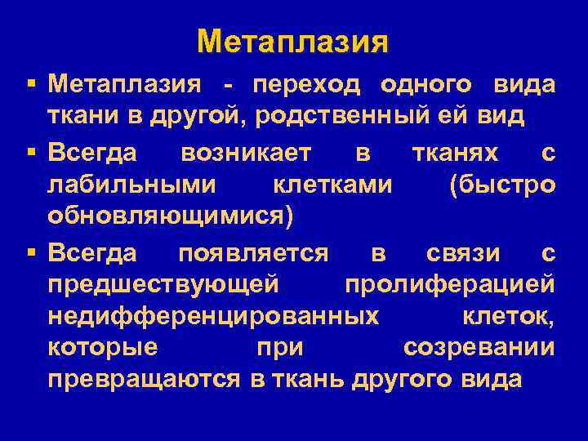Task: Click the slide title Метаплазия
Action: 293,41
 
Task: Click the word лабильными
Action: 131,185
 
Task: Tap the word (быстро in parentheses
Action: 502,185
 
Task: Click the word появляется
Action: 252,253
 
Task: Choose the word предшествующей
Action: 163,285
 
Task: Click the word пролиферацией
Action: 450,285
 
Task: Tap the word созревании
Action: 479,347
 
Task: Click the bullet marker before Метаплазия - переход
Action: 30,84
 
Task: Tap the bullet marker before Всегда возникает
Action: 30,153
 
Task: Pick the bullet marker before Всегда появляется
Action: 30,253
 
